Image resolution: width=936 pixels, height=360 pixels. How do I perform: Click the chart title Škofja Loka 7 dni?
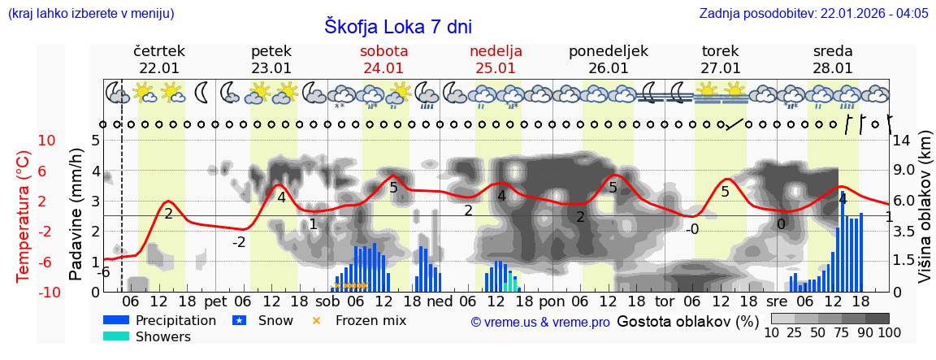tap(398, 26)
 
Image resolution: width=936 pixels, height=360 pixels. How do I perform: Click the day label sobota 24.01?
tap(384, 59)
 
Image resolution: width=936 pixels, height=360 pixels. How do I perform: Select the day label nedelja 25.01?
tap(496, 59)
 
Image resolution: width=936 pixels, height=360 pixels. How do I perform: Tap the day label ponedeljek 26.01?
tap(609, 59)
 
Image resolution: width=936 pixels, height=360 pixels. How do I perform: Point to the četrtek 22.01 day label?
tap(159, 59)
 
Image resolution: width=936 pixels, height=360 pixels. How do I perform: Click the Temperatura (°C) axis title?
tap(23, 216)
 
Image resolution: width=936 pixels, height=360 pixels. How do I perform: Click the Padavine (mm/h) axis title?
tap(76, 215)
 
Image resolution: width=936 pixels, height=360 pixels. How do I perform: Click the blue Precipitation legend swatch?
tap(116, 320)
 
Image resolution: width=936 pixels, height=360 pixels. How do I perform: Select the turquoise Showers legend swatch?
tap(116, 336)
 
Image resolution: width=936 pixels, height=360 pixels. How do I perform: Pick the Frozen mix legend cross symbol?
tap(317, 320)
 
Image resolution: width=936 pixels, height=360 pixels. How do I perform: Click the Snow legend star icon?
tap(239, 320)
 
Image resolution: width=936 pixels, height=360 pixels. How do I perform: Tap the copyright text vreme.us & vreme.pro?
tap(540, 322)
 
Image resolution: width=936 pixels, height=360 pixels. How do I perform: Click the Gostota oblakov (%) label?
tap(687, 321)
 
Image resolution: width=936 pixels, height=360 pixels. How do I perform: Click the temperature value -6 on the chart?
tap(103, 272)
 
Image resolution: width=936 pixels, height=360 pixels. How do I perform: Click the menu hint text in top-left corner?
tap(90, 14)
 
